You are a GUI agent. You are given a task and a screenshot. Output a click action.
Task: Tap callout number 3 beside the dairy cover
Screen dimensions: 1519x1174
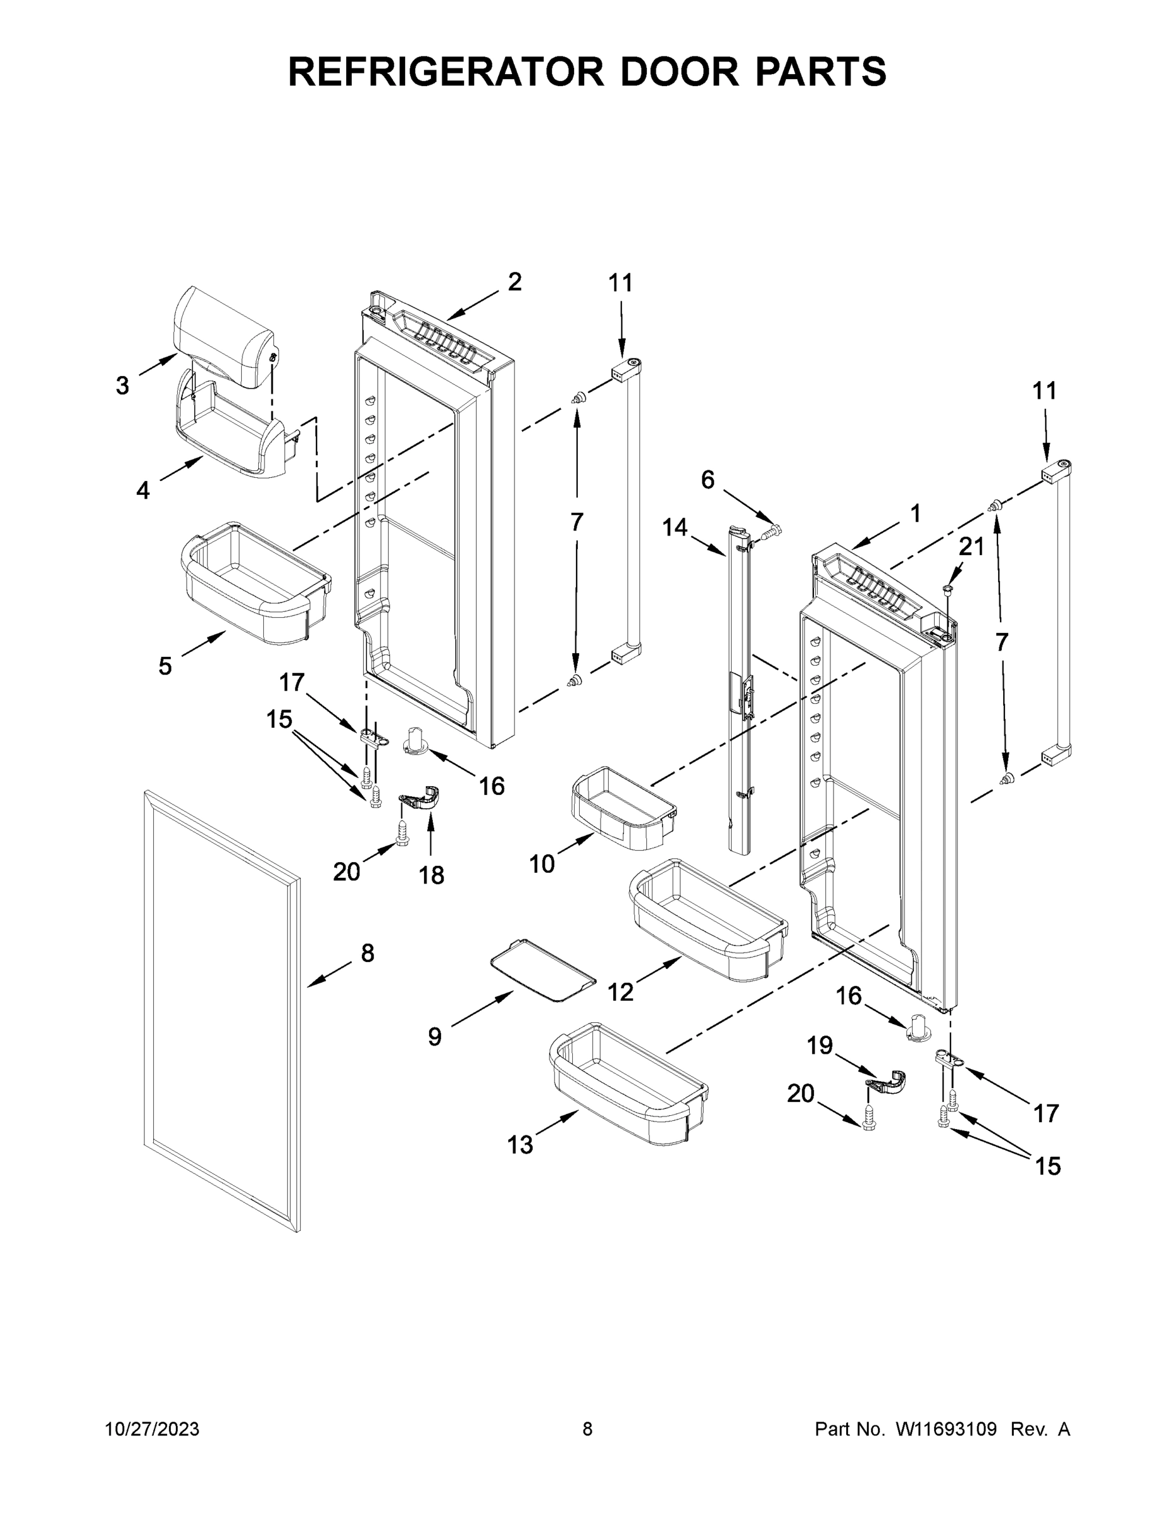pyautogui.click(x=122, y=385)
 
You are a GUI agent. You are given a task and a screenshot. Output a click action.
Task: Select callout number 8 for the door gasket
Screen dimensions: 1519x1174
pyautogui.click(x=367, y=953)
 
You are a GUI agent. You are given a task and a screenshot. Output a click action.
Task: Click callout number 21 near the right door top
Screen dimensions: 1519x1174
pyautogui.click(x=971, y=547)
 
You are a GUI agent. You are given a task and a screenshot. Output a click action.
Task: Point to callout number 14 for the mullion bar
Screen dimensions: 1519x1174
pyautogui.click(x=674, y=528)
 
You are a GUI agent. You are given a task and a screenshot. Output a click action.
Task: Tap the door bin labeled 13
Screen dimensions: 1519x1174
pyautogui.click(x=626, y=1084)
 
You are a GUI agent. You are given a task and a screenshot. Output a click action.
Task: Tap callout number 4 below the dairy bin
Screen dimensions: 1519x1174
pyautogui.click(x=142, y=491)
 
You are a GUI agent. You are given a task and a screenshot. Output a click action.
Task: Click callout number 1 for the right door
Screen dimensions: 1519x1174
pyautogui.click(x=915, y=514)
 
